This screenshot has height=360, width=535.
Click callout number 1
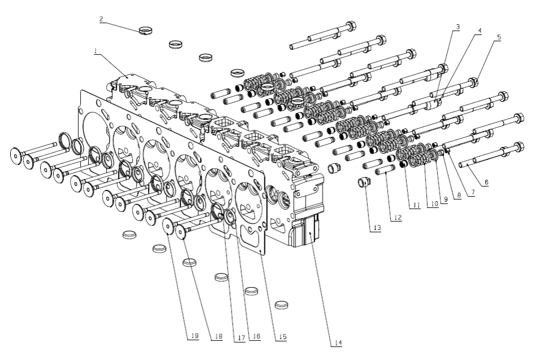pyautogui.click(x=97, y=51)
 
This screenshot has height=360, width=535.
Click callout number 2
pyautogui.click(x=101, y=19)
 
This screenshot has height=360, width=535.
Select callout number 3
pyautogui.click(x=457, y=27)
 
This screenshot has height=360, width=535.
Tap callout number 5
pyautogui.click(x=498, y=37)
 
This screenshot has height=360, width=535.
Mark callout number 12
pyautogui.click(x=398, y=218)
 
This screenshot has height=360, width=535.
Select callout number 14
pyautogui.click(x=338, y=342)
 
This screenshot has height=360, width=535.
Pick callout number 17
pyautogui.click(x=241, y=337)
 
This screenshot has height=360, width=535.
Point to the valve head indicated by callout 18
pyautogui.click(x=182, y=231)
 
